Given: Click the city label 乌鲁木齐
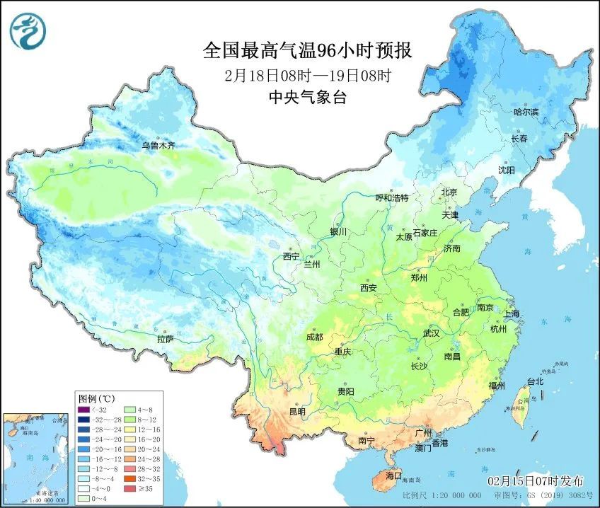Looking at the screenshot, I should [158, 145].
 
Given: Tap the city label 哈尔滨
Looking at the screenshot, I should [526, 112].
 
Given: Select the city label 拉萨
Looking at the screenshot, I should [165, 339].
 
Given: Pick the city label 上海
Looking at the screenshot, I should [510, 313].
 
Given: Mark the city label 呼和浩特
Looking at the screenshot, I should [391, 198].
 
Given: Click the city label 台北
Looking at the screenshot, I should [535, 381].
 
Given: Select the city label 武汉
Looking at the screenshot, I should [431, 333].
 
